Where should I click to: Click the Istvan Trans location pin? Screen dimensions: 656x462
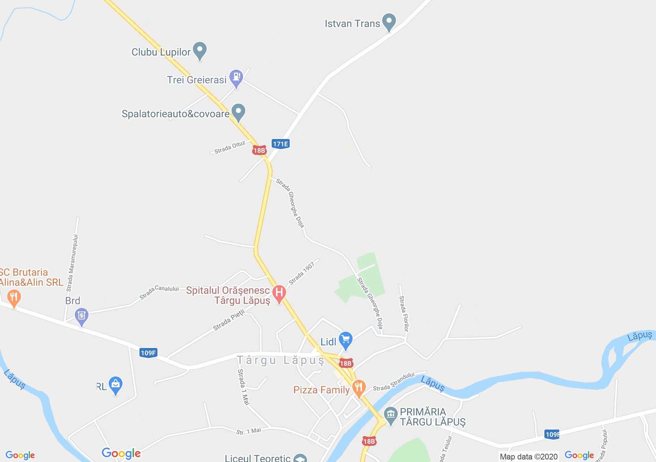click(389, 22)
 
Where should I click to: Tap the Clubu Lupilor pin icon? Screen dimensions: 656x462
click(199, 51)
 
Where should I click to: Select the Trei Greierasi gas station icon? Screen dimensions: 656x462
click(236, 78)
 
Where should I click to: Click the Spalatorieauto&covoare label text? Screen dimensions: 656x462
click(176, 114)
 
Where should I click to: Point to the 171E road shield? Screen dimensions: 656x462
click(281, 144)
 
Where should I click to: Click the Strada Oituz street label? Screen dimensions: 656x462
click(230, 148)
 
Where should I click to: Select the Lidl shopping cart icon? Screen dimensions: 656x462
click(346, 340)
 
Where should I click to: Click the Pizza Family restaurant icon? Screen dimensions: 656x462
click(359, 388)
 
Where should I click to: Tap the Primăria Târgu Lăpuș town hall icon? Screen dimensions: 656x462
click(390, 415)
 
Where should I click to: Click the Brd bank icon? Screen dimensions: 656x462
click(82, 316)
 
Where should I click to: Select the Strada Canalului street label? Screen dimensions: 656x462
click(159, 292)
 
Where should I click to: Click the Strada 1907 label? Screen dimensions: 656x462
click(302, 273)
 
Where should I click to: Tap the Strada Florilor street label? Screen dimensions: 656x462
click(404, 314)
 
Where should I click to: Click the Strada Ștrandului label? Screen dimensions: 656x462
click(393, 382)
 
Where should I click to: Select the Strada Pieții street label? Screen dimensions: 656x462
click(229, 320)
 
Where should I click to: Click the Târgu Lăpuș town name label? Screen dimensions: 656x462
click(281, 361)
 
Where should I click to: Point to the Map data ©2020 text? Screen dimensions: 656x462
click(528, 457)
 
